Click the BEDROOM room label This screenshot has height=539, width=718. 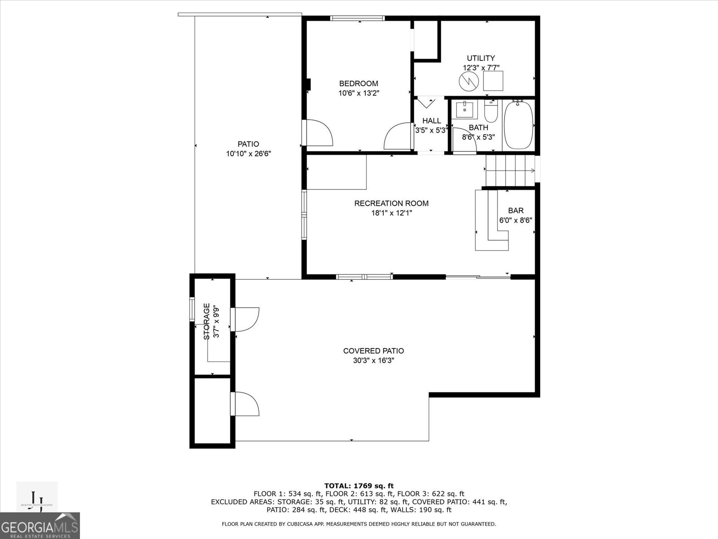click(358, 84)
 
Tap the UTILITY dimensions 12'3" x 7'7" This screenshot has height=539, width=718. click(481, 68)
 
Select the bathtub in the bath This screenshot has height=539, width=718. click(519, 126)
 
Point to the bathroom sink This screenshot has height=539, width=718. click(464, 109)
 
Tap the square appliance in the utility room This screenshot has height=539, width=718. click(493, 81)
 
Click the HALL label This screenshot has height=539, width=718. click(431, 121)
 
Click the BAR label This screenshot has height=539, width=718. click(516, 211)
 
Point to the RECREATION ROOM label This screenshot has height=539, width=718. click(391, 203)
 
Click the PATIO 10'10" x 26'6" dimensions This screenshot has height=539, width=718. click(248, 154)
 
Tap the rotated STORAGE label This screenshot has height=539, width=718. click(206, 321)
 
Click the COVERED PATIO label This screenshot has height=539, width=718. click(373, 351)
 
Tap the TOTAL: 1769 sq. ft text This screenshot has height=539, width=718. click(359, 486)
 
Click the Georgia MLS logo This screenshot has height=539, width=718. click(40, 526)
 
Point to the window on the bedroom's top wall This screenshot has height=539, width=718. click(358, 18)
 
